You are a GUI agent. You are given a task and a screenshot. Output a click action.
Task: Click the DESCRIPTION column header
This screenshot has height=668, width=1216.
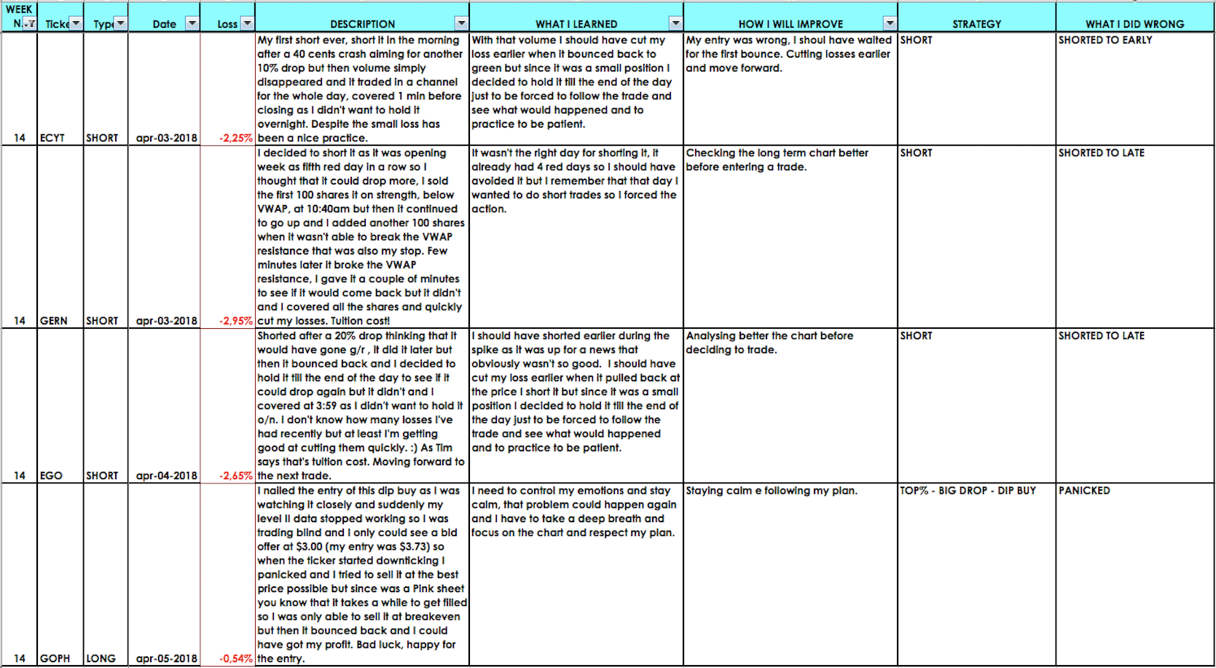(362, 24)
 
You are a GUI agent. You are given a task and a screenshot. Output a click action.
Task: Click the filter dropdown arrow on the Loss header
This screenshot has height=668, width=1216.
(248, 23)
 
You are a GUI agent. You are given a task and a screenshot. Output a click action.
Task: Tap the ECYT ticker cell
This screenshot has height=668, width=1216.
(52, 138)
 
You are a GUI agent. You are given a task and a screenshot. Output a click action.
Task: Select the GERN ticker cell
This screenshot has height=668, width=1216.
(54, 321)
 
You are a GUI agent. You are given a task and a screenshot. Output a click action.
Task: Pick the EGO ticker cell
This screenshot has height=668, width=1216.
(51, 475)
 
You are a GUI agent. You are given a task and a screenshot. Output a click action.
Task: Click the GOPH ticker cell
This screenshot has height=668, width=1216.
(55, 659)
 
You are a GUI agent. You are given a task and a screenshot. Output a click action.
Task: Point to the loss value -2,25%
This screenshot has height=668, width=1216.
(236, 138)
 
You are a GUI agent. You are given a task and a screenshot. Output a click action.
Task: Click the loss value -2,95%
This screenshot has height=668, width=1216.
(236, 321)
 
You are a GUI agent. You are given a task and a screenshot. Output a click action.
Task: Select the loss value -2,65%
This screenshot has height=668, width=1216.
(236, 475)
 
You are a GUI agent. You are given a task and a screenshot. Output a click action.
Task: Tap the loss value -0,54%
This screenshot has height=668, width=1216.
(236, 659)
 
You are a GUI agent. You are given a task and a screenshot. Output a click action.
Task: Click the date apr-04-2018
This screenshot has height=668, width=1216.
(166, 475)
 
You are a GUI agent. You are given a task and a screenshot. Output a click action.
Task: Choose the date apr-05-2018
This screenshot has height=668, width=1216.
(166, 659)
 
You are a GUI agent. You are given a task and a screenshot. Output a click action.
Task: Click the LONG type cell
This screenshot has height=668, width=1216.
(101, 659)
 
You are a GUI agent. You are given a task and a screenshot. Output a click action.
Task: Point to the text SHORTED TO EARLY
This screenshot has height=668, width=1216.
(1105, 40)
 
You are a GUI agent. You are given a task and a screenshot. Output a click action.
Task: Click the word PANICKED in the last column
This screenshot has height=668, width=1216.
(1084, 491)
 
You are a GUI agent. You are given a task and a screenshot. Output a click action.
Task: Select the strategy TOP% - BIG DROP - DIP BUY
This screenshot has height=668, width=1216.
(968, 491)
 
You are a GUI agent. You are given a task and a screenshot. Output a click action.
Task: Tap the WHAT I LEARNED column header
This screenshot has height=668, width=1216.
(576, 24)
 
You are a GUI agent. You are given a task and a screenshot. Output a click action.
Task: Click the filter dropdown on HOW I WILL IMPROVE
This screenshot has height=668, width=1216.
(890, 23)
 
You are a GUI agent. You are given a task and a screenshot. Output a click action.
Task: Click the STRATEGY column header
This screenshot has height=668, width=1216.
(976, 24)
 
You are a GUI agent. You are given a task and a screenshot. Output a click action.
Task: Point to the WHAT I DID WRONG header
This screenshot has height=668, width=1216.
(1134, 24)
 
